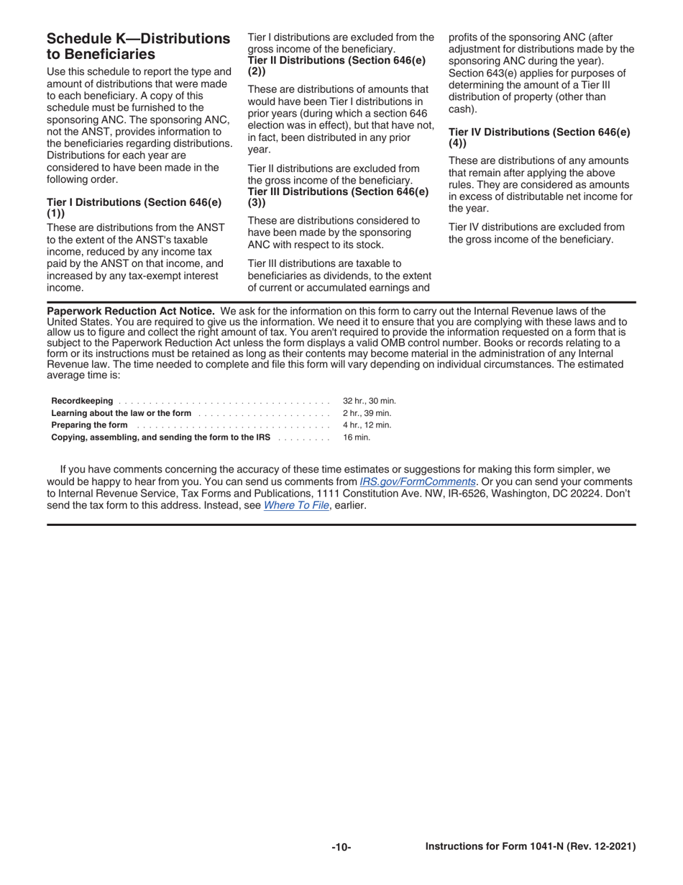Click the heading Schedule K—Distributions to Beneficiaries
tap(138, 46)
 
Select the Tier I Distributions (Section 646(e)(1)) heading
tap(134, 208)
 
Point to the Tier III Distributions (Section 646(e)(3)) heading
tap(338, 196)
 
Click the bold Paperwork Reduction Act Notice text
tap(130, 311)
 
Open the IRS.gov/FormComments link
tap(417, 481)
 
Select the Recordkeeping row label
tap(82, 401)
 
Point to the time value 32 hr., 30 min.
tap(370, 401)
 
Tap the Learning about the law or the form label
tap(122, 413)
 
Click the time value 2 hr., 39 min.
tap(367, 413)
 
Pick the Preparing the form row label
tap(89, 425)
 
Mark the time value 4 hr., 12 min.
tap(367, 425)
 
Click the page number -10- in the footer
tap(341, 848)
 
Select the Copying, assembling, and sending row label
tap(160, 437)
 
